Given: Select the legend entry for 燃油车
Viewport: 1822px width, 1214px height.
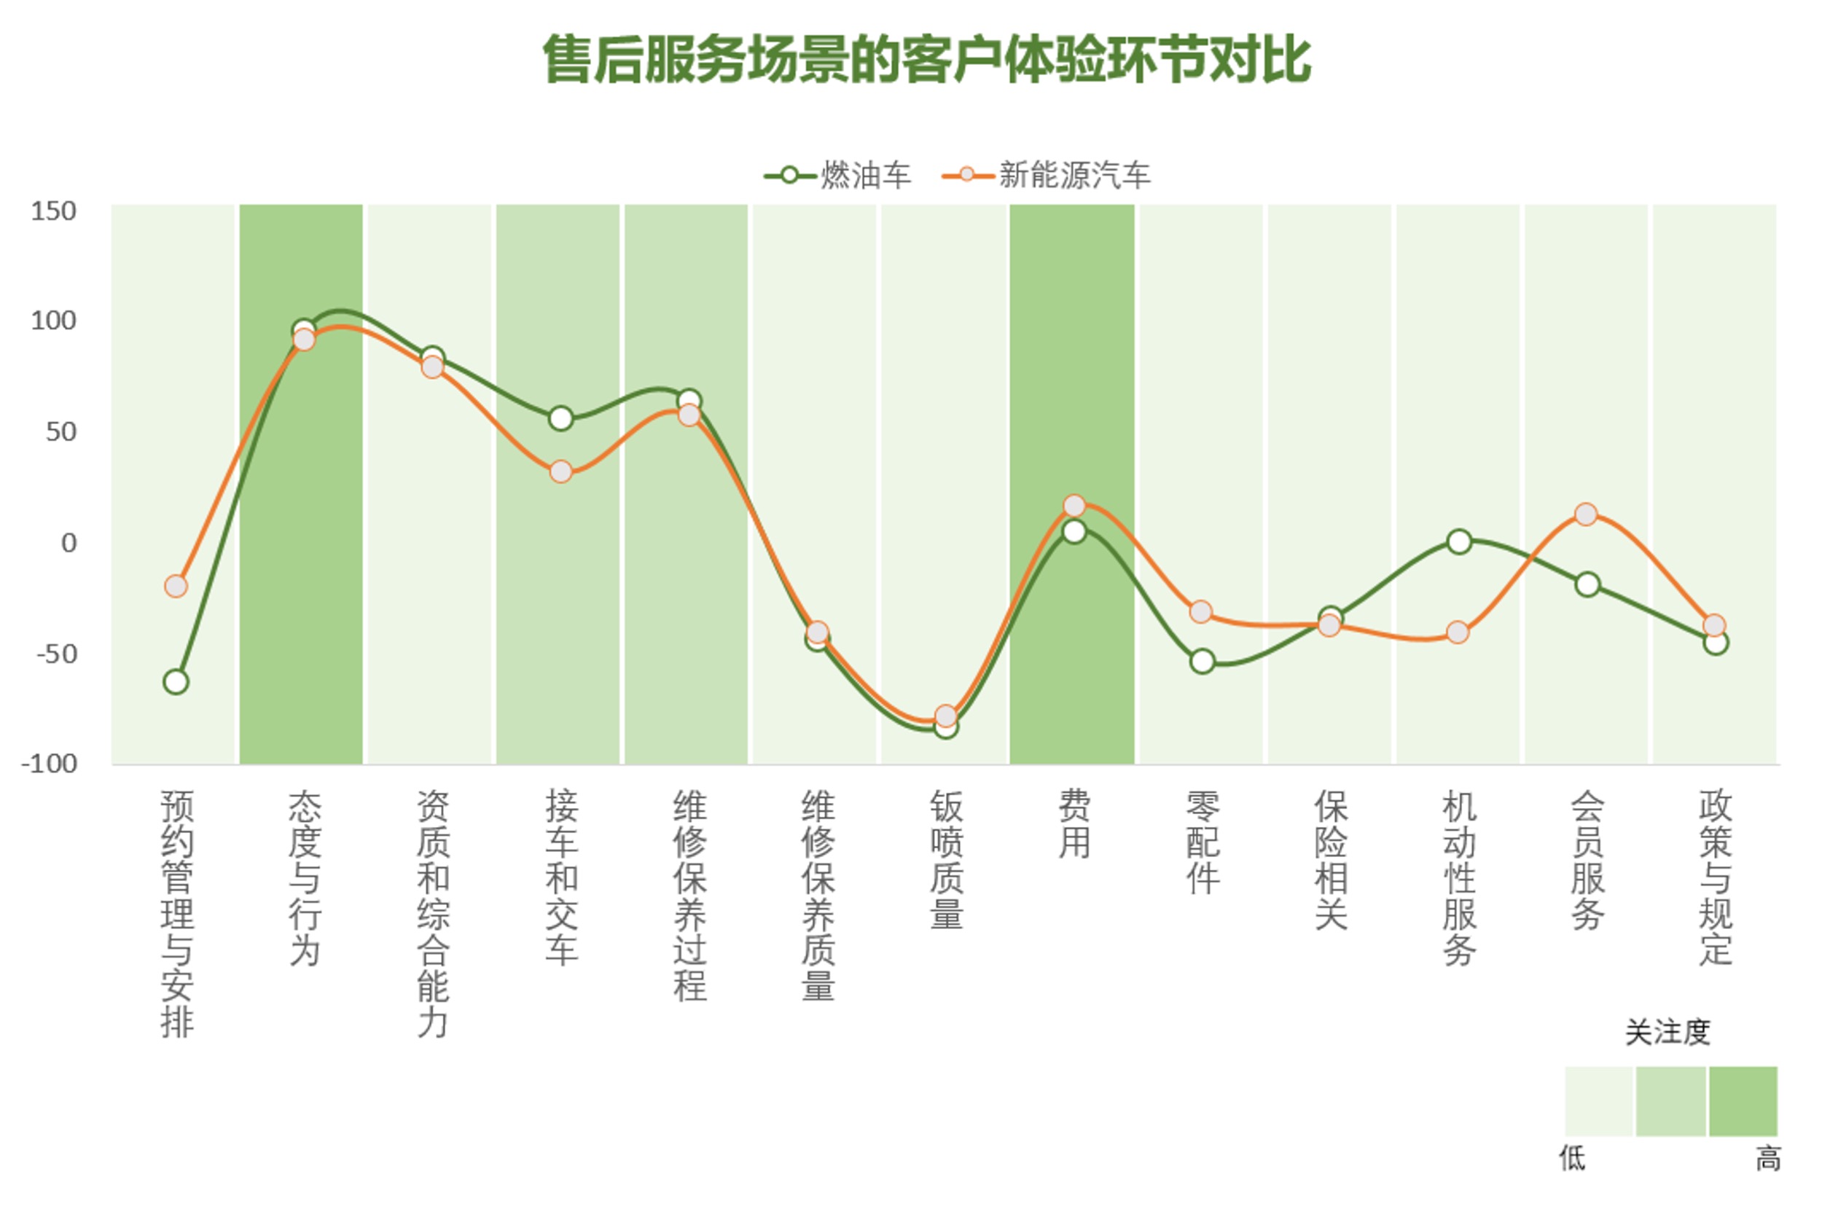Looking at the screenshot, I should [836, 176].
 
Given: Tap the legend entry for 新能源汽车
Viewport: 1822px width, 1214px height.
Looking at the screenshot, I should [1045, 176].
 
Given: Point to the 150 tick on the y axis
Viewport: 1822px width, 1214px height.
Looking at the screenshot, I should [53, 211].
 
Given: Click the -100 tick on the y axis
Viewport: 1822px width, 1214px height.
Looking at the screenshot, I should [49, 764].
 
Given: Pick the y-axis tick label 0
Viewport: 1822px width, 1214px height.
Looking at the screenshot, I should [69, 543].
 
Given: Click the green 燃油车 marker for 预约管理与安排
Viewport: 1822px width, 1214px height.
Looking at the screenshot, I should [176, 682].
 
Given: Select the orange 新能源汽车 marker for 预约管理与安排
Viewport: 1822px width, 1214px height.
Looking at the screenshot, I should [176, 586].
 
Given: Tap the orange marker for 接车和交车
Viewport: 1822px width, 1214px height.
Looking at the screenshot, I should [560, 471].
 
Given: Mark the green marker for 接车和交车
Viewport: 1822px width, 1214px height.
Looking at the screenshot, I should [560, 419].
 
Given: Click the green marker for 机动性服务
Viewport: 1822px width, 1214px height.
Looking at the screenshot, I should [1458, 542].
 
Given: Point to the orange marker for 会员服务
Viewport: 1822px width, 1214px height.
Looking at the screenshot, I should [1586, 514].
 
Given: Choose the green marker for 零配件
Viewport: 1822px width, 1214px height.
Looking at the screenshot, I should [1202, 662].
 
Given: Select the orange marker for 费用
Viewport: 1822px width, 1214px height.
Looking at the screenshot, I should [1074, 506].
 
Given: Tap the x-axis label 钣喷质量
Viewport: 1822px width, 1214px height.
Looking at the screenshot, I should [946, 859].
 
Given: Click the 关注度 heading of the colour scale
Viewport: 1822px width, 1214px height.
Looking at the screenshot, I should [1667, 1032].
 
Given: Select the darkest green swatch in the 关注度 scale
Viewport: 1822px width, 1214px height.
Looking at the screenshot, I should [1743, 1101].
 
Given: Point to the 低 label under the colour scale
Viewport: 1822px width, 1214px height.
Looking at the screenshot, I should [1572, 1159].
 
